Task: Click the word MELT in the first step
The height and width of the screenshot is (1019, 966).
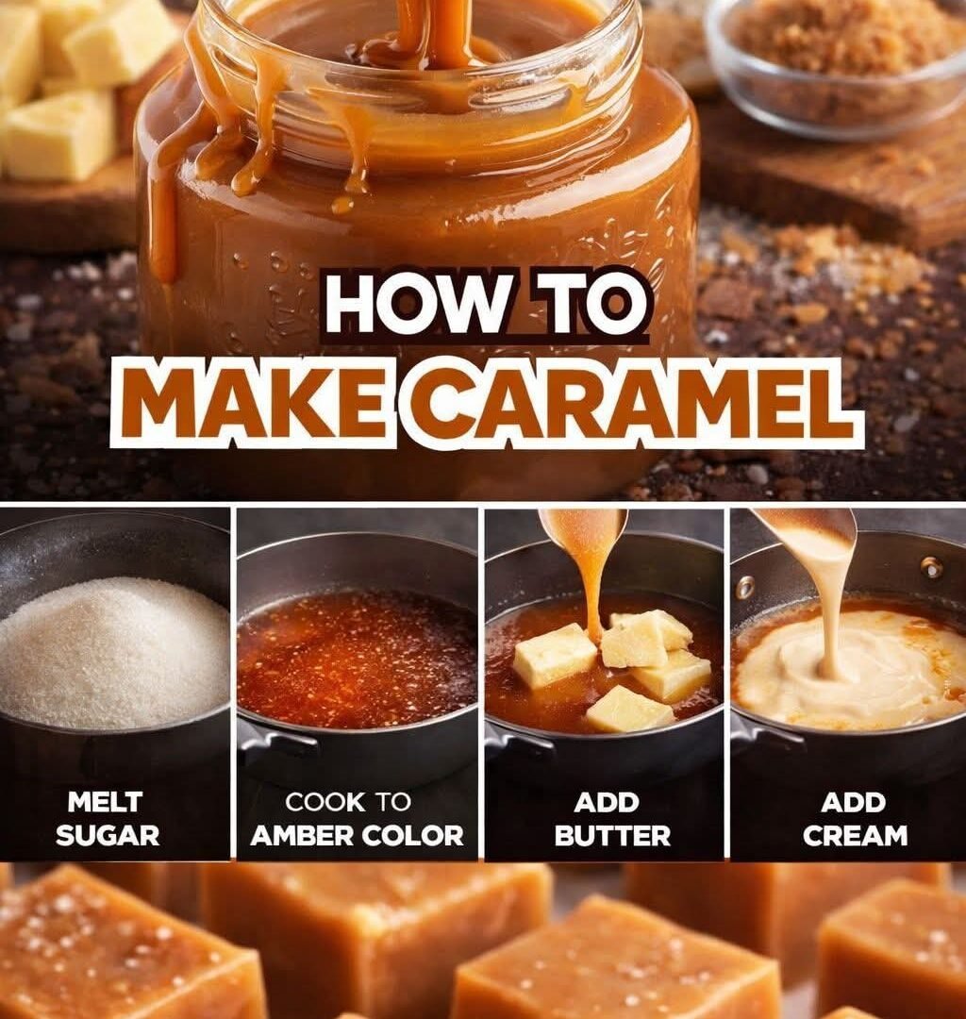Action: [105, 802]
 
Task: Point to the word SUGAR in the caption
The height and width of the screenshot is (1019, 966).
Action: [108, 835]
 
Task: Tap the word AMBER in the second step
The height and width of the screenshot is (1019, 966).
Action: [302, 836]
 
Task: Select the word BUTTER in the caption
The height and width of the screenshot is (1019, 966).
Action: [612, 836]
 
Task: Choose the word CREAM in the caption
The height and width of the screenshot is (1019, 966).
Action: [855, 836]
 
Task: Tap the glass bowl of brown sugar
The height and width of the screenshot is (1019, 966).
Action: [838, 65]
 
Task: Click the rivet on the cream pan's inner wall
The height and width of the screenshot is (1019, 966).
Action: [932, 568]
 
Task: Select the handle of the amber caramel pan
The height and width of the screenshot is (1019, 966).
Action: [273, 747]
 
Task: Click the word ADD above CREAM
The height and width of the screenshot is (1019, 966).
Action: [853, 803]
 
